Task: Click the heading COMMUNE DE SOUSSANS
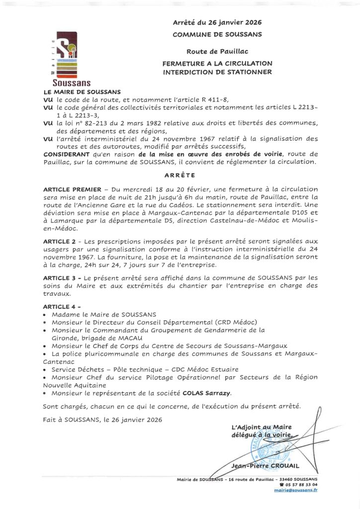(217, 34)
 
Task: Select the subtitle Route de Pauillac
(217, 51)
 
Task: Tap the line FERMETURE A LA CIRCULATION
(217, 64)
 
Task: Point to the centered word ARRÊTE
(180, 175)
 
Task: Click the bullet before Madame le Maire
(46, 315)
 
